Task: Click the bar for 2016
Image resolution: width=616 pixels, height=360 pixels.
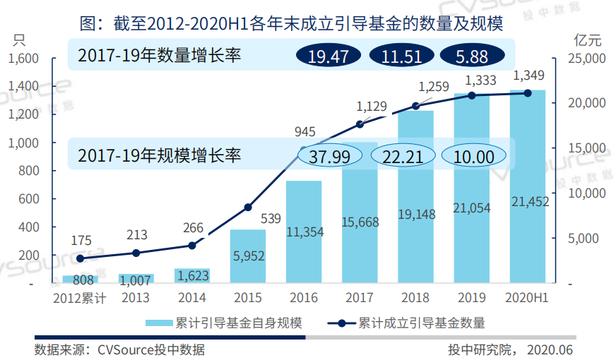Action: point(304,232)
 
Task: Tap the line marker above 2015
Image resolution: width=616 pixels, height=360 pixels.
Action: point(248,208)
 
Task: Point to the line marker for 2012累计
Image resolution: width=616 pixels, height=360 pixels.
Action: point(80,259)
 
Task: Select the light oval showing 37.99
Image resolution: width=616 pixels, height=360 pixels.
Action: point(330,156)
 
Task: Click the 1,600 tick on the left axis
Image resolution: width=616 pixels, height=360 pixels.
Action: point(23,58)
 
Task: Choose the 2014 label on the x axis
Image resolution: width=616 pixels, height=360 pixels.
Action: point(192,298)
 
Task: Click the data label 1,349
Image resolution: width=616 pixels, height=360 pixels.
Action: point(528,75)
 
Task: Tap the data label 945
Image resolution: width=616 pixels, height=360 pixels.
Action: point(304,131)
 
